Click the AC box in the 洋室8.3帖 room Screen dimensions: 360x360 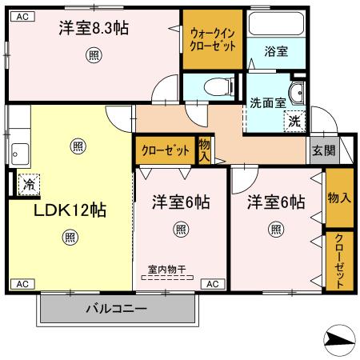tap(22, 17)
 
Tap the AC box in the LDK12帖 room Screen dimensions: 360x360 tap(22, 284)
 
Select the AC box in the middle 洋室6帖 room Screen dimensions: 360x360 tap(213, 284)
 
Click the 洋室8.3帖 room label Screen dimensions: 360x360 tap(94, 28)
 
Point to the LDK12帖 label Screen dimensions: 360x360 tap(70, 210)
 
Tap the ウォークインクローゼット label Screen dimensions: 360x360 tap(213, 39)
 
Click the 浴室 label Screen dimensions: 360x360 tap(276, 51)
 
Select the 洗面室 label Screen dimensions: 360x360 tap(268, 103)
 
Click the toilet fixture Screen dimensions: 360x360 tap(218, 86)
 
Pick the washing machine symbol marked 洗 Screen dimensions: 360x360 tap(294, 122)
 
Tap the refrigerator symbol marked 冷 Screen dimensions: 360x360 tap(29, 185)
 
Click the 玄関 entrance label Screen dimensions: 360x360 tap(324, 150)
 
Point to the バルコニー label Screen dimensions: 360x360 tap(116, 309)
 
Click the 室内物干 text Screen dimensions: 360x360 tap(167, 270)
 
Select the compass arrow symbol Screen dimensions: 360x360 tap(339, 341)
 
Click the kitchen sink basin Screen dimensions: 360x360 tap(20, 154)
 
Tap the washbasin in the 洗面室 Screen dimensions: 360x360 tap(298, 93)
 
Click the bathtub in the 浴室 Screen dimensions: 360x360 tap(276, 23)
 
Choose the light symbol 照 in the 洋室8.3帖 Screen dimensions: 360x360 tap(94, 55)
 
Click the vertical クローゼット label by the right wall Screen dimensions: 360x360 tap(339, 261)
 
